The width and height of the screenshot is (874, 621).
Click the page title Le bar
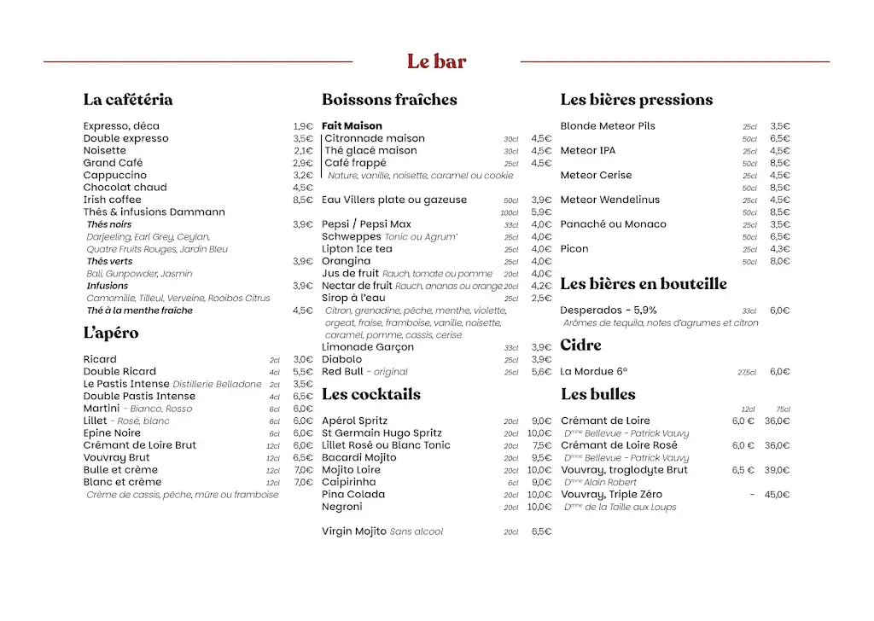[x=436, y=61]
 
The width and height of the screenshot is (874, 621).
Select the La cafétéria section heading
[x=128, y=100]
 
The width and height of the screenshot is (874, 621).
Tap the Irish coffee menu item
[x=112, y=200]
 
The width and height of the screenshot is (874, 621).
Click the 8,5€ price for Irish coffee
[x=303, y=200]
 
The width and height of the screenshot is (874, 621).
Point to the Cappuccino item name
[x=114, y=175]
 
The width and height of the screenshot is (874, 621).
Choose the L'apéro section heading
[x=111, y=334]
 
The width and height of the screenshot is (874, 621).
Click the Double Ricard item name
[x=119, y=372]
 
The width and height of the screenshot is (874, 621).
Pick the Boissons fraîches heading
[x=389, y=100]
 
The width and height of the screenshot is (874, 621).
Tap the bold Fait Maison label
[x=352, y=126]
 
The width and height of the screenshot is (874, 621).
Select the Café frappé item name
[x=355, y=163]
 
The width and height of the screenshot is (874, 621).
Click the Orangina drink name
[x=346, y=261]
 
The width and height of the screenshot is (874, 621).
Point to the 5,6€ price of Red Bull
[x=541, y=372]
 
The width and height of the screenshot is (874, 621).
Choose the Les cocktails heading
[x=371, y=394]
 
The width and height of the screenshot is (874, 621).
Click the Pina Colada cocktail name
[x=353, y=495]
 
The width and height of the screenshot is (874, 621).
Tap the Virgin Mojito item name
[x=354, y=531]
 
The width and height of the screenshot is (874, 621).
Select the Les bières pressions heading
[x=636, y=100]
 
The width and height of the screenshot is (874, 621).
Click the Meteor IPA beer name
[x=587, y=151]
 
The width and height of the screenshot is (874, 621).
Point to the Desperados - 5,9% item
[x=609, y=310]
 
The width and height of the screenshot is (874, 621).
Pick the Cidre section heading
[x=580, y=345]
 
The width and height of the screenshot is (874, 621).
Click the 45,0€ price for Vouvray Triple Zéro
[x=777, y=495]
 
